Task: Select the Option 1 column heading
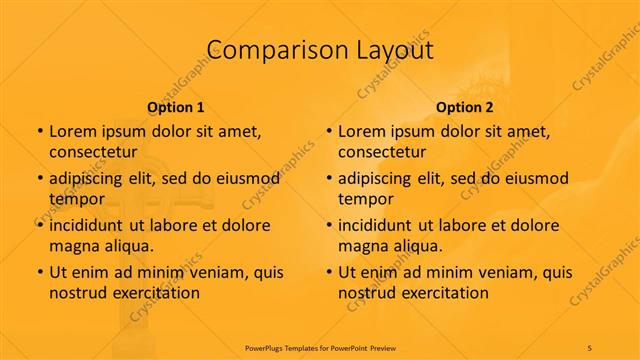coord(176,107)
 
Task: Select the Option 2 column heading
coord(465,107)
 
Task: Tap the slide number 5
coord(590,347)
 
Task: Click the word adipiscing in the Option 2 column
coord(381,179)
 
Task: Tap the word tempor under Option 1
coord(77,199)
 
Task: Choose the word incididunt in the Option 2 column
coord(382,225)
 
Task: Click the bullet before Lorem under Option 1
coord(39,132)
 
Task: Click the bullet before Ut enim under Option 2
coord(328,272)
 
